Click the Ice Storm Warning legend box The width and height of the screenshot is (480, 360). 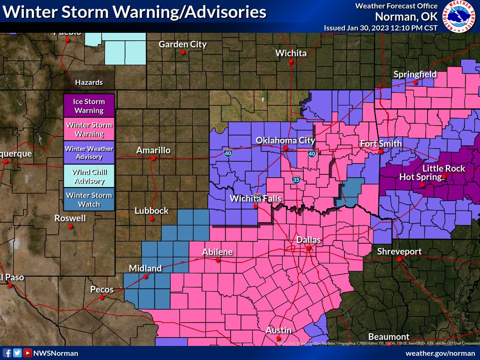click(x=89, y=106)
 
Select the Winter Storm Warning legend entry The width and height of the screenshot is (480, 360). click(x=89, y=129)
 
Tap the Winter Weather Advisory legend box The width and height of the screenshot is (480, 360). click(x=89, y=153)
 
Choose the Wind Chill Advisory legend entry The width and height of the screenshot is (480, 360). click(x=89, y=176)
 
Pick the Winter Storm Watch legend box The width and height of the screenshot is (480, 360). click(x=89, y=200)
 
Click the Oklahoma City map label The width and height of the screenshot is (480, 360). click(x=285, y=141)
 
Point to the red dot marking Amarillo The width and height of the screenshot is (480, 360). click(x=153, y=158)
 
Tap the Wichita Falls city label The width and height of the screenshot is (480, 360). click(x=255, y=198)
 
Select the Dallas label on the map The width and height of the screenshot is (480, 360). click(x=308, y=240)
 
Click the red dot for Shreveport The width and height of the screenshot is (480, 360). click(x=399, y=259)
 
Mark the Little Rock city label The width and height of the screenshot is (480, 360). click(x=443, y=168)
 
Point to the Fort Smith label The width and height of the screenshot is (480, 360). click(x=381, y=143)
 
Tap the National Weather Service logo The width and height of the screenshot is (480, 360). click(x=459, y=16)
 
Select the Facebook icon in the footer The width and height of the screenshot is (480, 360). click(x=7, y=353)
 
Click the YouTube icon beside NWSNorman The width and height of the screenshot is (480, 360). click(x=28, y=353)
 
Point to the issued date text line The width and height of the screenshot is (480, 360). click(x=381, y=28)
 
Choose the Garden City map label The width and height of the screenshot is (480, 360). click(x=182, y=45)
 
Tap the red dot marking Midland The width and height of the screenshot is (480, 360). click(x=145, y=277)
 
